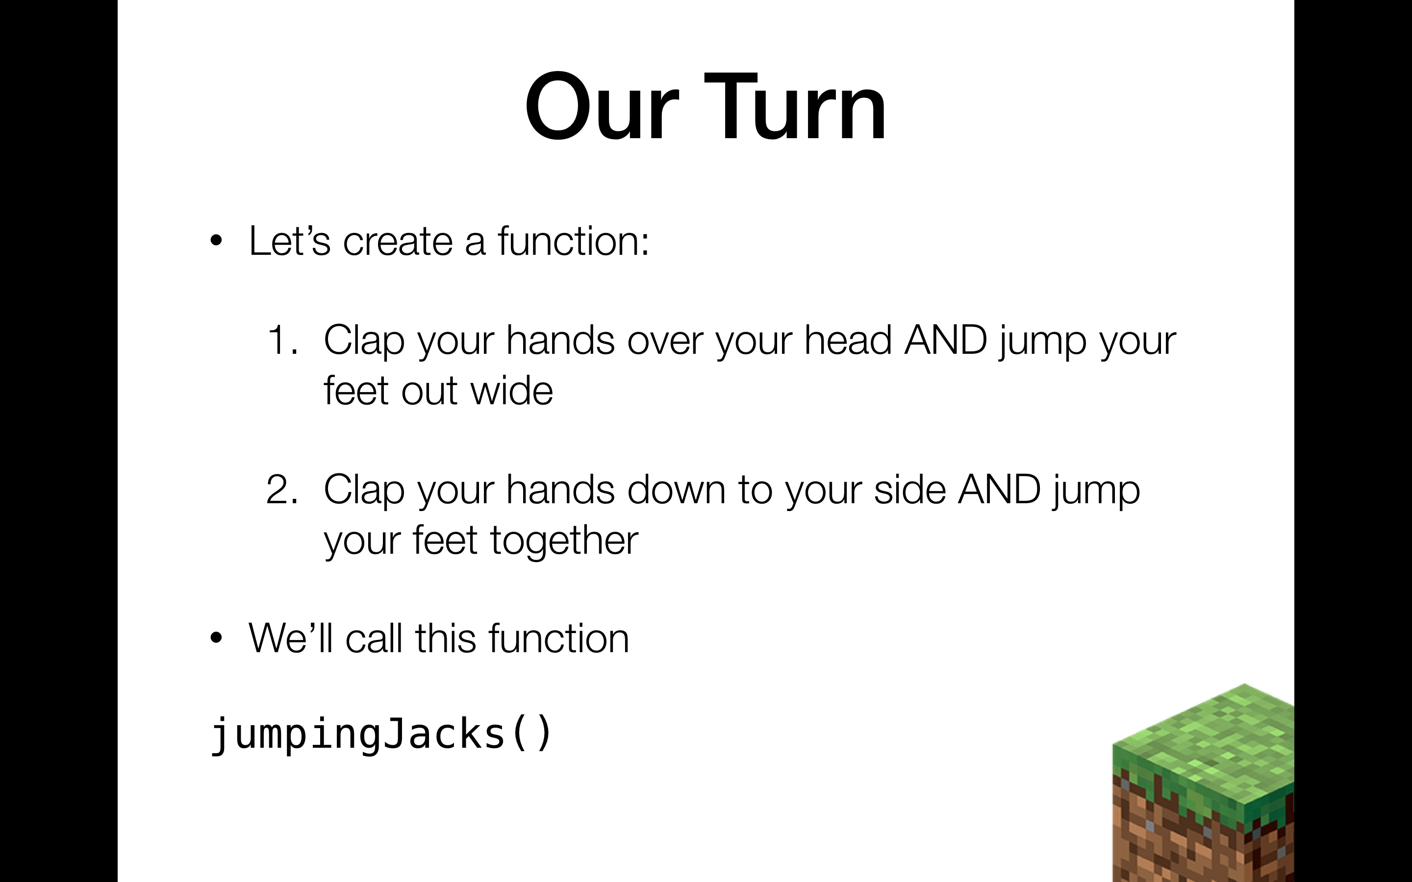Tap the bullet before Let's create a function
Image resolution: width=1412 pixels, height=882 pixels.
217,240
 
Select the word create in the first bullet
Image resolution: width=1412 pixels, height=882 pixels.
398,241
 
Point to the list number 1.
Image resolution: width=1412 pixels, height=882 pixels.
282,340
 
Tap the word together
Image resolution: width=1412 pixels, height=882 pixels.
564,541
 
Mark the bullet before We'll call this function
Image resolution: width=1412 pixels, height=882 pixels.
217,637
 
